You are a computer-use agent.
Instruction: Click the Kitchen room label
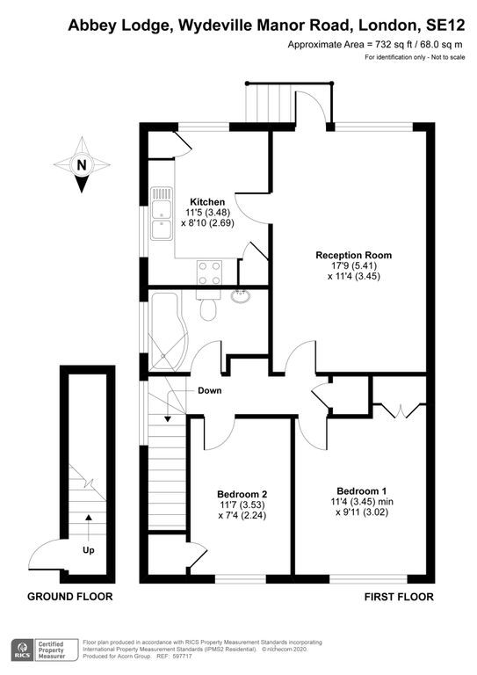point(207,202)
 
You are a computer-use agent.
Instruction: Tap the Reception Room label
point(353,255)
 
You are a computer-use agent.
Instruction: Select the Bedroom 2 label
point(242,494)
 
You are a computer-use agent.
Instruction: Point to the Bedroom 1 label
point(361,490)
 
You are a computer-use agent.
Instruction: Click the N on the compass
point(82,165)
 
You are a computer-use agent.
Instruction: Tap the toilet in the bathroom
point(208,307)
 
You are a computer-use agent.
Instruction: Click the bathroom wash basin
point(241,295)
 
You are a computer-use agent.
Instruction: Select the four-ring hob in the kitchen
point(209,273)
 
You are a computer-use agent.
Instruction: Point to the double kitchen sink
point(161,214)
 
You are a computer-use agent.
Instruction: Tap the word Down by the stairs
point(209,390)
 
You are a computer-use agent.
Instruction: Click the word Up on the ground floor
point(88,550)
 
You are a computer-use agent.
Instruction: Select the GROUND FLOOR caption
point(70,597)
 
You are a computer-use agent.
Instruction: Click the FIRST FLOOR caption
point(399,597)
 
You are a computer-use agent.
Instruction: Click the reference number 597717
point(182,657)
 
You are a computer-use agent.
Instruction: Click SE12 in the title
point(445,25)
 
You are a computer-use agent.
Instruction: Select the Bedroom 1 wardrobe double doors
point(400,410)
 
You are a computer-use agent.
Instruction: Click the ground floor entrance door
point(45,555)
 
